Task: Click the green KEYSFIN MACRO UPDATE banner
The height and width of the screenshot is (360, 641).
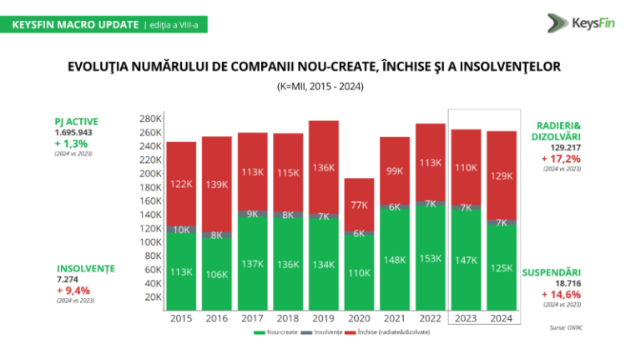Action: tap(75, 24)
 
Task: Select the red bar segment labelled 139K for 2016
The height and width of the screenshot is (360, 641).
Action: tap(217, 183)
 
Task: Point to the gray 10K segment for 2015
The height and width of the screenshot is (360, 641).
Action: tap(181, 229)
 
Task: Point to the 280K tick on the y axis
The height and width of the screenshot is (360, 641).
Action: tap(150, 119)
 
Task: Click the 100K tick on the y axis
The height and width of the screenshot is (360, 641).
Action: tap(150, 242)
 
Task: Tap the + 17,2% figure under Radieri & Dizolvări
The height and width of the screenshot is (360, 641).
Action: tap(561, 157)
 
